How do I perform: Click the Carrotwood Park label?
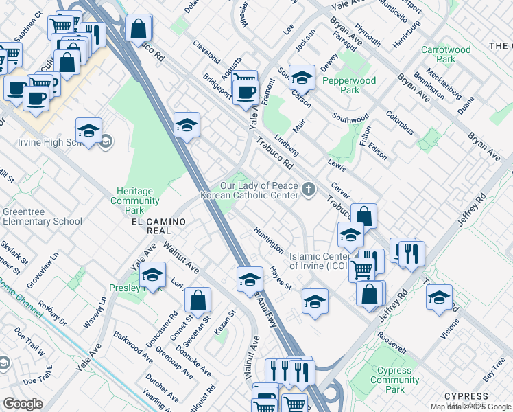(x=446, y=55)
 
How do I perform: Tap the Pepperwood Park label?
(x=349, y=85)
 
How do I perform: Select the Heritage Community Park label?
(x=135, y=196)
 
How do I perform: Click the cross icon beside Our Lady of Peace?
(x=309, y=190)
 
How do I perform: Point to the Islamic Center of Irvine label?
(x=319, y=261)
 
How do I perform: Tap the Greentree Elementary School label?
(x=43, y=216)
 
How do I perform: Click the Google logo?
(x=23, y=404)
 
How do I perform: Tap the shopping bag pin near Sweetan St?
(x=198, y=300)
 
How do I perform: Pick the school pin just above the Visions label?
(x=439, y=297)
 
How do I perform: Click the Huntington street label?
(x=268, y=240)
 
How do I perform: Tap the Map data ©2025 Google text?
(x=470, y=407)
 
